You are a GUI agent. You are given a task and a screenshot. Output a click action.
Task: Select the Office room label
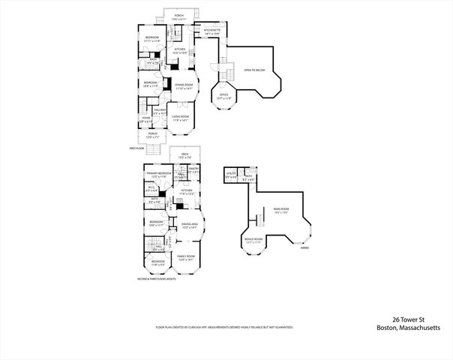224,96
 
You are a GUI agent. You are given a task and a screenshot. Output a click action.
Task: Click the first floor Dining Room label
184,85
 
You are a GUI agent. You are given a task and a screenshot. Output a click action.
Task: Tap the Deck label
184,156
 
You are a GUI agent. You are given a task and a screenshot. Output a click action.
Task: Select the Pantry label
193,170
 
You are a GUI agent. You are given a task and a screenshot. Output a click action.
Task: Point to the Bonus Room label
253,241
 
